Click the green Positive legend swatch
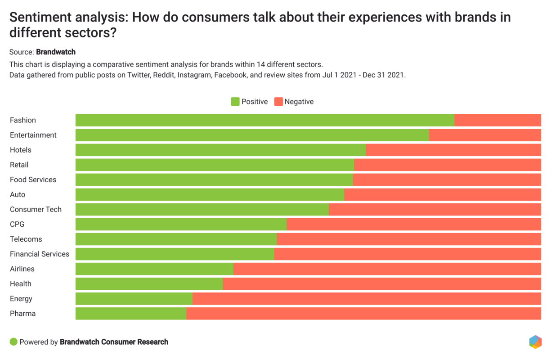235,102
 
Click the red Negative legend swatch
278,102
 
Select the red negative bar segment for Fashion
497,120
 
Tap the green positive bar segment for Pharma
131,314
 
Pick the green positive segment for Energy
134,299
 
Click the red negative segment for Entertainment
485,135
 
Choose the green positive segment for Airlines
155,269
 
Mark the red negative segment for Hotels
453,150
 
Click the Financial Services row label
40,254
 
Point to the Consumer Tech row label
36,210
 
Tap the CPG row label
17,225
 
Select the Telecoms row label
26,239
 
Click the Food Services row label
33,180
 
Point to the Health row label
21,284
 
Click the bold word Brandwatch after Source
56,52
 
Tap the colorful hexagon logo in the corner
535,342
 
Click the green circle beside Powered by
13,342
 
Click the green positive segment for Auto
210,195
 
